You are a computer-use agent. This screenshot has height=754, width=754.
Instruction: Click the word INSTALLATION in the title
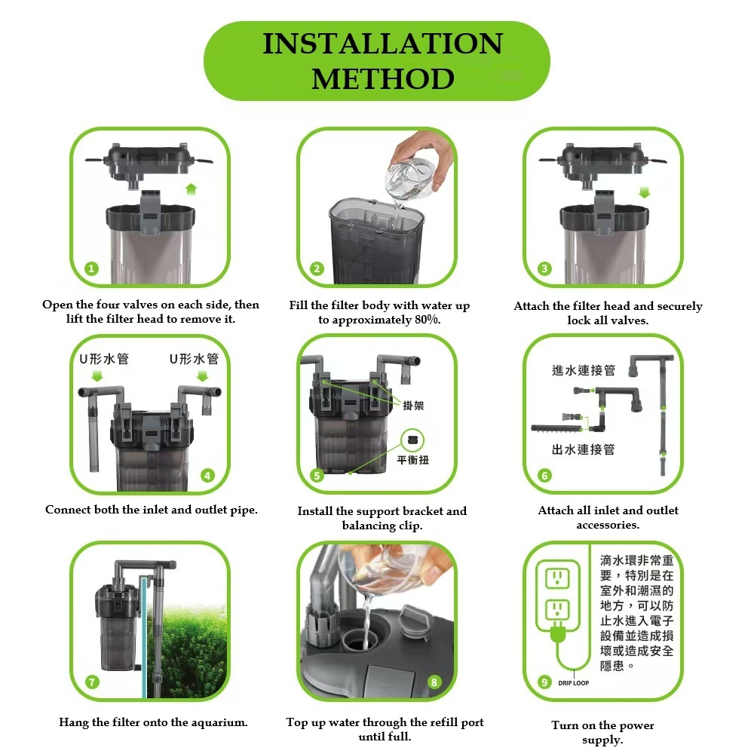point(383,43)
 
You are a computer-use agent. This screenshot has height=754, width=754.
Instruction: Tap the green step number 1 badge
point(91,268)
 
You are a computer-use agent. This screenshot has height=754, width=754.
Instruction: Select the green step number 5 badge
point(317,476)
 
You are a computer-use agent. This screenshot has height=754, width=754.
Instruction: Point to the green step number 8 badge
point(434,682)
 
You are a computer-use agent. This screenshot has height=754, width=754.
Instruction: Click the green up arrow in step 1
point(192,189)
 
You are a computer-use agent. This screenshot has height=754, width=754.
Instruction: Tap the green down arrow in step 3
point(645,193)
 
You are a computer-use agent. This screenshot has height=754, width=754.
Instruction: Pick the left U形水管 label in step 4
point(104,359)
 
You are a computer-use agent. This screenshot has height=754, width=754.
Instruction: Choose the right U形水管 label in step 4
point(195,359)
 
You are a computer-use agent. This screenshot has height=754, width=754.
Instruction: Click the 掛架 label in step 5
point(413,406)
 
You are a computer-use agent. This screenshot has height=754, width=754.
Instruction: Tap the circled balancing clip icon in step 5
point(412,440)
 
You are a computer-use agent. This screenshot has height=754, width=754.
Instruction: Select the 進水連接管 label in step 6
point(584,369)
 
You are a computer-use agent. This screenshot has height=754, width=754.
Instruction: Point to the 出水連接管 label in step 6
point(584,449)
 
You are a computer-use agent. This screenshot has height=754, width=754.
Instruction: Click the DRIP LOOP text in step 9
point(574,683)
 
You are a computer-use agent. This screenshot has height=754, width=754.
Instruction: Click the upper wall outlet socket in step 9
point(557,578)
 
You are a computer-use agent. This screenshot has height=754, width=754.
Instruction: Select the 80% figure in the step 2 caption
point(427,320)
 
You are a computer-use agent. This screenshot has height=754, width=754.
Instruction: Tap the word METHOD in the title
point(383,79)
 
